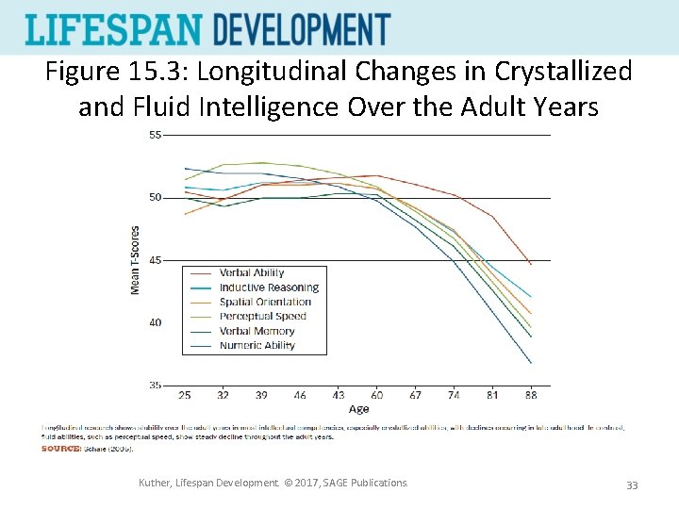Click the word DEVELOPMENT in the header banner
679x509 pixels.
(301, 29)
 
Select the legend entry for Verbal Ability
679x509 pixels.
(252, 273)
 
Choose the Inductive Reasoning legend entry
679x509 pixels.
(269, 287)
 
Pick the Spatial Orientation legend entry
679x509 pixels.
(265, 303)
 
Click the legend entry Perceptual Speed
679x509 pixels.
(263, 317)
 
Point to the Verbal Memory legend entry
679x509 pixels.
(257, 331)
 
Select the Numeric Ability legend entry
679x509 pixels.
(257, 345)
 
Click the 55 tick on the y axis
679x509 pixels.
(155, 135)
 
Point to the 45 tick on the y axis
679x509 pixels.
(155, 260)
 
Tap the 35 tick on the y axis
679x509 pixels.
(155, 385)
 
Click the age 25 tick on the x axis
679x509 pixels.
(185, 395)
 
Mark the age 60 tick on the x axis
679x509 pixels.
(376, 395)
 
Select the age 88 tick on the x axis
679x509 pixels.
(531, 395)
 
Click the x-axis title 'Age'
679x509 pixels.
(358, 409)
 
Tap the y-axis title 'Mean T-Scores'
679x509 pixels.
(135, 260)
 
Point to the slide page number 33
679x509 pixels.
(632, 484)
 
